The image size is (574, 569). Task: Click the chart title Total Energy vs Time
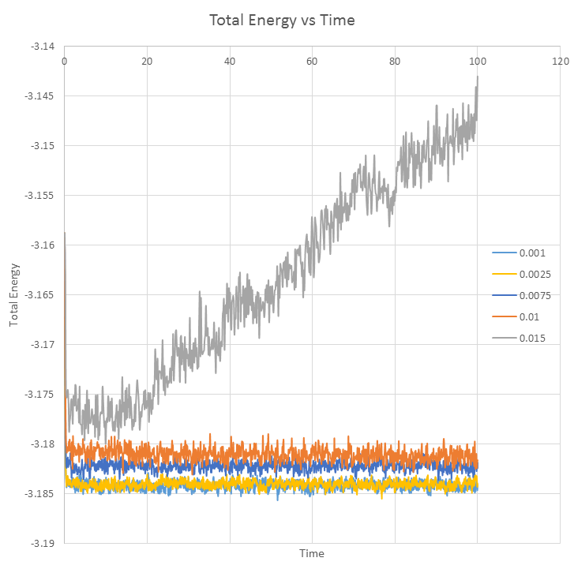pyautogui.click(x=281, y=21)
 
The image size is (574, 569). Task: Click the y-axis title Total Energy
pyautogui.click(x=14, y=295)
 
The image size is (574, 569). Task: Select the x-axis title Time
pyautogui.click(x=311, y=553)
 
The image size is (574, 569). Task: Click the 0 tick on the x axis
pyautogui.click(x=64, y=60)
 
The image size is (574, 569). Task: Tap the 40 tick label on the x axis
pyautogui.click(x=230, y=60)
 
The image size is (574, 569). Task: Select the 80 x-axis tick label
pyautogui.click(x=395, y=60)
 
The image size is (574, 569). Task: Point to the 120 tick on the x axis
pyautogui.click(x=560, y=60)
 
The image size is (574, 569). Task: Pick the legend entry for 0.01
pyautogui.click(x=527, y=317)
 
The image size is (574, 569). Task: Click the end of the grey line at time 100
pyautogui.click(x=478, y=77)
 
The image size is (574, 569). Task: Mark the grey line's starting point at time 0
pyautogui.click(x=64, y=233)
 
